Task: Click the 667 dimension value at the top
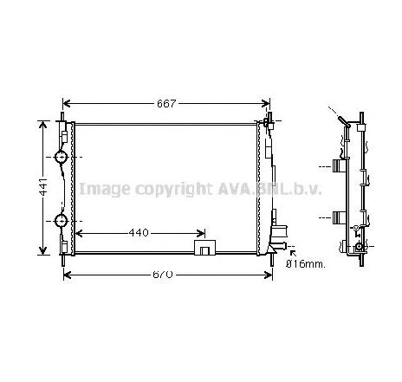[x=166, y=104]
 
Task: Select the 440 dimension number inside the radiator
[x=139, y=233]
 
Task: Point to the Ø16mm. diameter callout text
[x=306, y=263]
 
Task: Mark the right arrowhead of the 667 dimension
[x=266, y=104]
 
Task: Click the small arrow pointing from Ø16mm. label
[x=280, y=253]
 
